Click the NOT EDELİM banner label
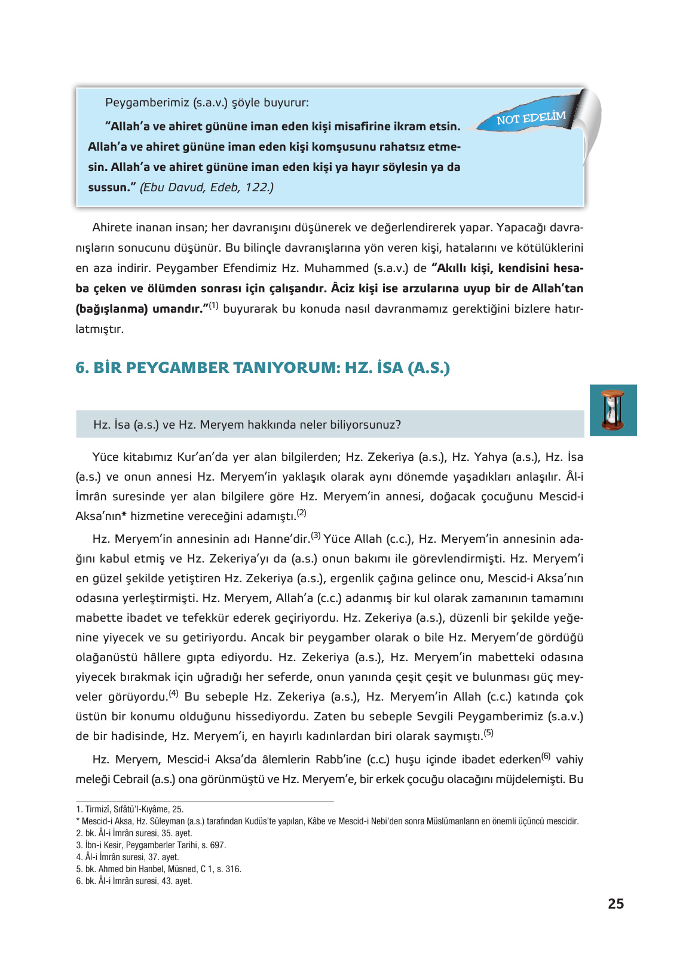[531, 118]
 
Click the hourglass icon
[613, 410]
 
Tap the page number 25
[616, 904]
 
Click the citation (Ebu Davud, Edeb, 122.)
[207, 187]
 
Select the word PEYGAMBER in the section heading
[182, 368]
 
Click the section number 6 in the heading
[81, 368]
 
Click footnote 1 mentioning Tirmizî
[130, 809]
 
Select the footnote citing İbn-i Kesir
[151, 845]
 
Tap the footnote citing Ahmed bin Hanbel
[158, 869]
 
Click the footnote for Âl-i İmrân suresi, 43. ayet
[134, 881]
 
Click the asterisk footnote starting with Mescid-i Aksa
[327, 821]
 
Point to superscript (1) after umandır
[213, 305]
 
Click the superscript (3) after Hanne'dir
[316, 536]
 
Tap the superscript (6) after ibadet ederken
[546, 756]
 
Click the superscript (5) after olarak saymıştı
[488, 732]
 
